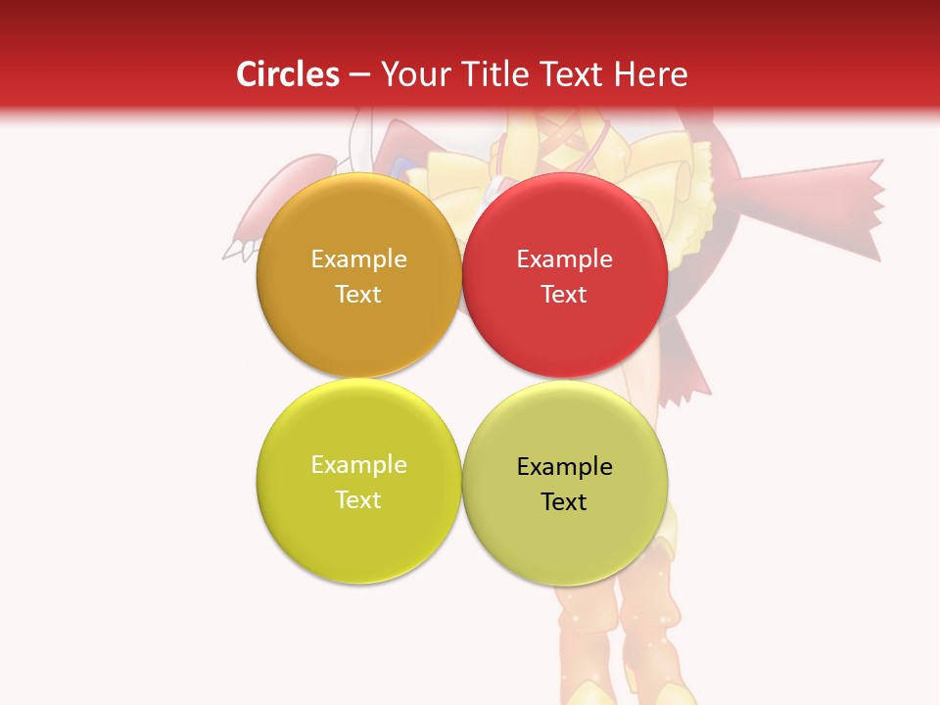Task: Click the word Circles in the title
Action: pos(287,74)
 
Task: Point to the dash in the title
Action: pos(359,75)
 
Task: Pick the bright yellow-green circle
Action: pos(358,539)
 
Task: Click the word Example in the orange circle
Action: pos(358,258)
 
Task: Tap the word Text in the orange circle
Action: pos(358,294)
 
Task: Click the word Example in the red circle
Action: pos(564,258)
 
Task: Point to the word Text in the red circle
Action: pos(564,294)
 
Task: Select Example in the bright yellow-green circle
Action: pos(358,464)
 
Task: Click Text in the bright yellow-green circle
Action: pos(358,499)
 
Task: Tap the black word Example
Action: pos(564,466)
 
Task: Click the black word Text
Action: pos(564,501)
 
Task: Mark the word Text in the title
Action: pos(576,74)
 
